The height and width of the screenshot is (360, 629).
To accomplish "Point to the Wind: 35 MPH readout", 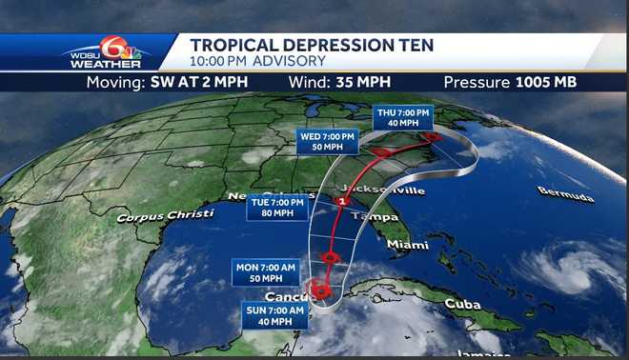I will (334, 82).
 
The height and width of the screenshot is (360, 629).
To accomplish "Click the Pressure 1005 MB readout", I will (510, 82).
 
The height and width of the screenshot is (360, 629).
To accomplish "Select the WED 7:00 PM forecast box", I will (326, 141).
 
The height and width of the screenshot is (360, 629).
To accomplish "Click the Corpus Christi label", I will (165, 216).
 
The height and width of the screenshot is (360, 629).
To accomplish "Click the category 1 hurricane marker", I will (342, 203).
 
